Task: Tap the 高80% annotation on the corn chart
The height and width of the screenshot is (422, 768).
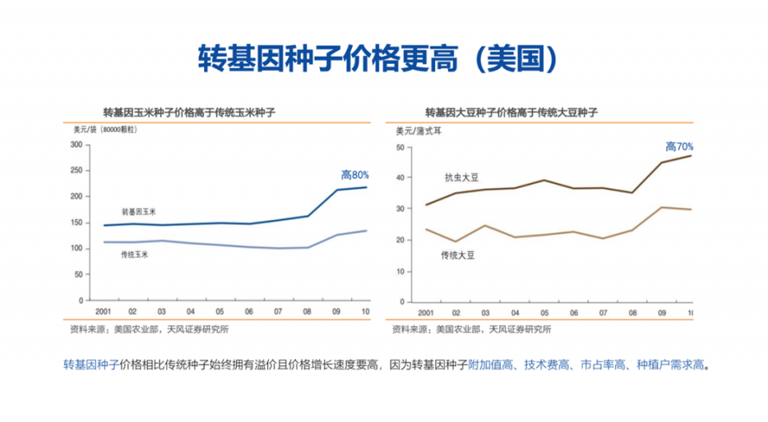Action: [x=354, y=174]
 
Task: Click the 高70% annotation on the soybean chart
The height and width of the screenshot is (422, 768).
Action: [x=679, y=146]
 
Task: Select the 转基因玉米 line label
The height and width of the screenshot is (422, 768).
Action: [x=138, y=213]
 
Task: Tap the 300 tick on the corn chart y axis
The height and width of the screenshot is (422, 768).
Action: [x=77, y=145]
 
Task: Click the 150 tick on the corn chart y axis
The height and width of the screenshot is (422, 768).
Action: [x=77, y=222]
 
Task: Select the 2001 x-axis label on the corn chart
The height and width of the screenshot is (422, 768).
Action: [x=102, y=311]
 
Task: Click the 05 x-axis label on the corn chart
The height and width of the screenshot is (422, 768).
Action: [x=219, y=311]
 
